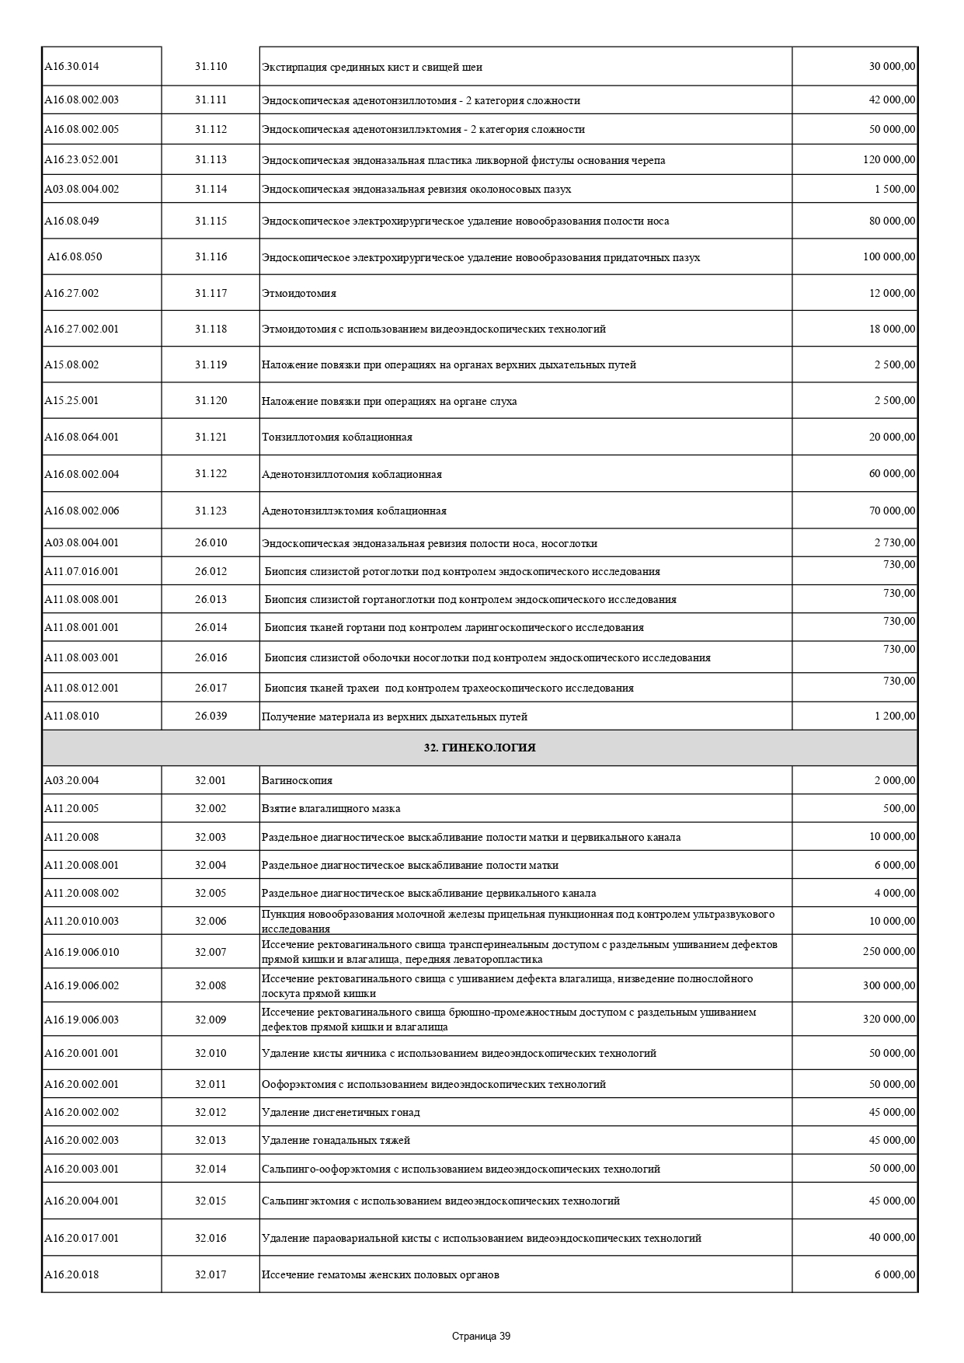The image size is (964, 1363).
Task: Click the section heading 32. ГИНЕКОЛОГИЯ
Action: pyautogui.click(x=479, y=748)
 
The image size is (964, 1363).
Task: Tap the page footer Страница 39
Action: pyautogui.click(x=481, y=1336)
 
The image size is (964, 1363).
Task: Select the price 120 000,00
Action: pyautogui.click(x=889, y=159)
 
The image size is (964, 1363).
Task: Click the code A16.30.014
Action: pyautogui.click(x=71, y=66)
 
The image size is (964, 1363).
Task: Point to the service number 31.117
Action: pyautogui.click(x=211, y=293)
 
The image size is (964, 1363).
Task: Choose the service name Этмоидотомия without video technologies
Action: pyautogui.click(x=299, y=294)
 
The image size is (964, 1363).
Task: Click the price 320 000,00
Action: pyautogui.click(x=889, y=1019)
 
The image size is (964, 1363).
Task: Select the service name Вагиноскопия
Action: pyautogui.click(x=297, y=780)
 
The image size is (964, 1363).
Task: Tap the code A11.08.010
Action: pyautogui.click(x=71, y=716)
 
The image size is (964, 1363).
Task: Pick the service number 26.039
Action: pyautogui.click(x=211, y=716)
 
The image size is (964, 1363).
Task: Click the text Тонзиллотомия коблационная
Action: pyautogui.click(x=337, y=437)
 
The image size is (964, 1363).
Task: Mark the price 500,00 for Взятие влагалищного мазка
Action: pyautogui.click(x=899, y=808)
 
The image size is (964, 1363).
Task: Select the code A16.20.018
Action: pyautogui.click(x=71, y=1274)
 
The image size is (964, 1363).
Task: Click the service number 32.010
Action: pyautogui.click(x=211, y=1053)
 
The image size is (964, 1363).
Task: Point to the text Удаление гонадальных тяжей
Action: pyautogui.click(x=336, y=1140)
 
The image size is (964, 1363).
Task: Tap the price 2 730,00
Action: pyautogui.click(x=895, y=542)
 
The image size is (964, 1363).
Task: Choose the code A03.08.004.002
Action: pyautogui.click(x=82, y=189)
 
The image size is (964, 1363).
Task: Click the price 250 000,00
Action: pyautogui.click(x=889, y=951)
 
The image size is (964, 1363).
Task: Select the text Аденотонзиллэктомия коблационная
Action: pyautogui.click(x=354, y=511)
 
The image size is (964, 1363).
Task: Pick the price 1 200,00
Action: pyautogui.click(x=895, y=716)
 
